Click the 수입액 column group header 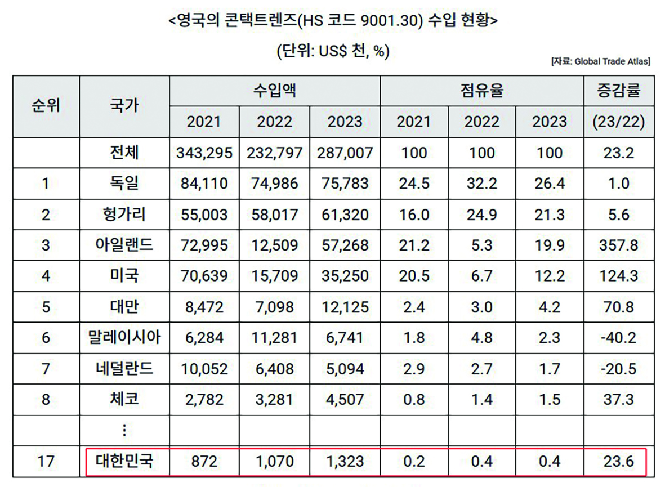click(x=275, y=90)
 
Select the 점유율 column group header click(x=482, y=90)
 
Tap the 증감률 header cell click(x=619, y=90)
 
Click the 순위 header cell click(x=46, y=105)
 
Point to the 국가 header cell click(x=124, y=105)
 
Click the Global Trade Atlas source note click(x=600, y=62)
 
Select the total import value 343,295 click(x=204, y=153)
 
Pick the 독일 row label click(x=124, y=184)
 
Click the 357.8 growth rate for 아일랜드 click(x=619, y=245)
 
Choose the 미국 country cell click(x=124, y=276)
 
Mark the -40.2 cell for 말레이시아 click(x=619, y=338)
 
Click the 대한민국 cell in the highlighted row click(x=124, y=462)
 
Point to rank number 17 click(x=46, y=462)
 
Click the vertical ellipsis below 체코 click(x=124, y=431)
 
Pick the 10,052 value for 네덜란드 click(x=204, y=369)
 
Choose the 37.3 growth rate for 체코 click(x=619, y=400)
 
